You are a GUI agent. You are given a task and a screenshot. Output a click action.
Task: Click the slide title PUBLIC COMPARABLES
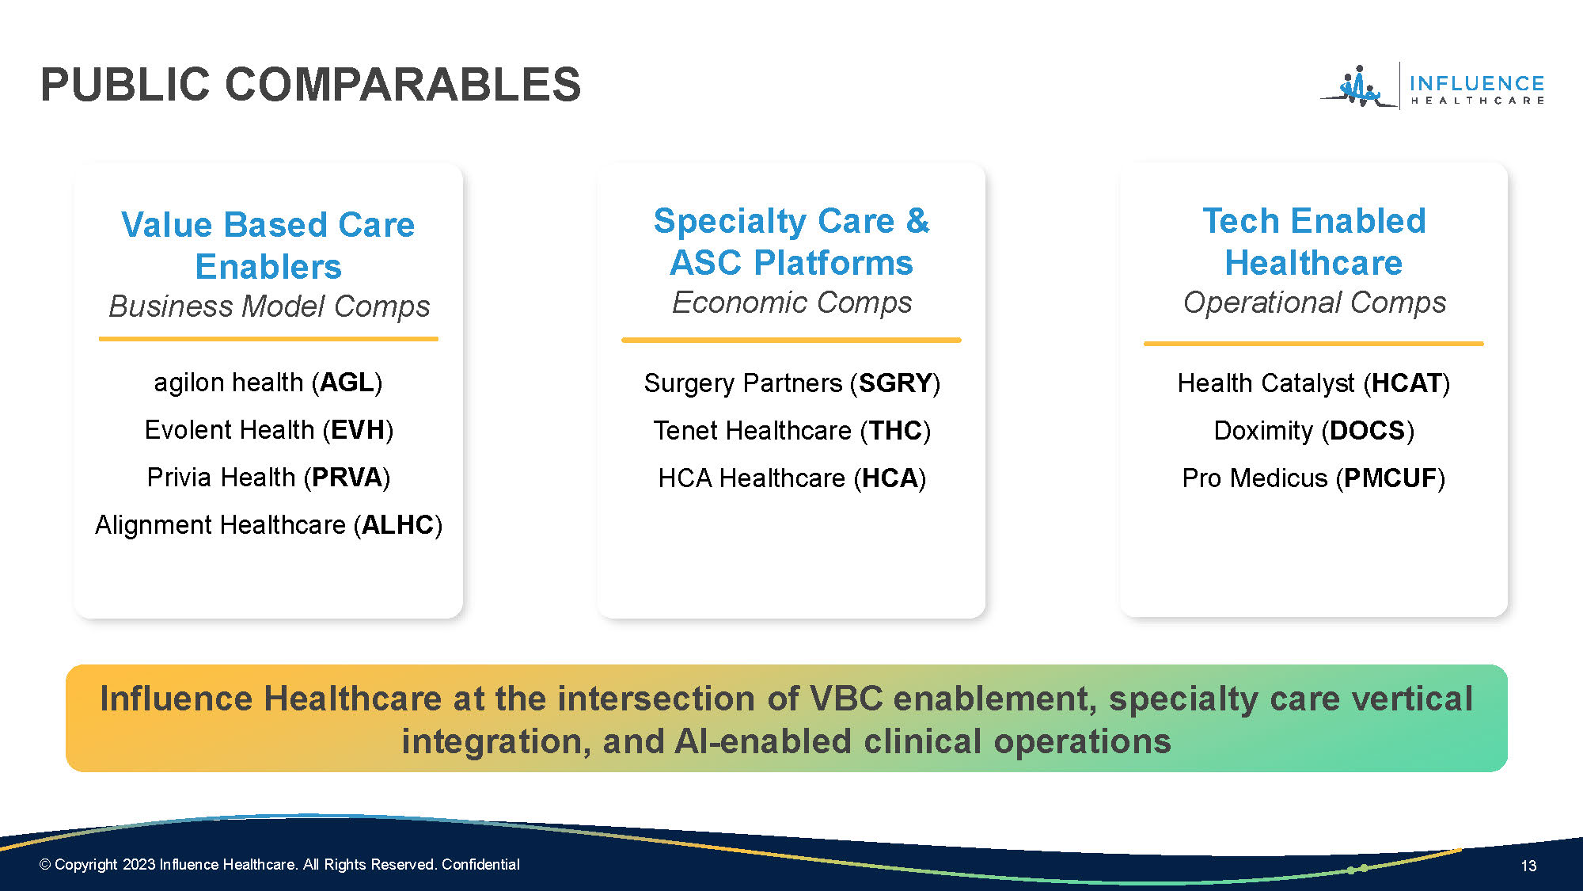point(310,85)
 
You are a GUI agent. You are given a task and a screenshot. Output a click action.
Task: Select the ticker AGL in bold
point(346,383)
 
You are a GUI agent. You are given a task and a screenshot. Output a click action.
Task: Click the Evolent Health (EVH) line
point(268,430)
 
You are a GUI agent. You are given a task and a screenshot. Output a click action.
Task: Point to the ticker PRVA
point(347,478)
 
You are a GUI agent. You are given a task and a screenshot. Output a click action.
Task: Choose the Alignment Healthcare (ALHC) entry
point(268,525)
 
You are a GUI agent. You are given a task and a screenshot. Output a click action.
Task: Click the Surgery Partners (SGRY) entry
point(791,383)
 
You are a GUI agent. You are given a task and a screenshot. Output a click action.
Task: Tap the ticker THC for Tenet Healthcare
point(895,431)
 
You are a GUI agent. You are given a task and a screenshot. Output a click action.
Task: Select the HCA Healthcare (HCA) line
point(791,478)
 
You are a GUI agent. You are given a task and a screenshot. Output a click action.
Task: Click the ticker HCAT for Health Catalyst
point(1406,383)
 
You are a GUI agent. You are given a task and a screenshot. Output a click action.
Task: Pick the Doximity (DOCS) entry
point(1314,431)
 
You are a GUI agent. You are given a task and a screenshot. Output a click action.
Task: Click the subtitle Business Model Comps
point(269,307)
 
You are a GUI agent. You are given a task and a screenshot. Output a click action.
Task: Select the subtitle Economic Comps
point(791,303)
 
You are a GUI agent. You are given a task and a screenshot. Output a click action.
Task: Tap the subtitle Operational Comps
point(1314,303)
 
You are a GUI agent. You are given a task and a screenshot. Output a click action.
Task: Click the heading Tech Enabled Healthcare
point(1314,242)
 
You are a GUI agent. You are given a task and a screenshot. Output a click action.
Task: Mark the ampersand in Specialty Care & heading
point(918,221)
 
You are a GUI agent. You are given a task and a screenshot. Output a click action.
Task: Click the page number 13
point(1528,866)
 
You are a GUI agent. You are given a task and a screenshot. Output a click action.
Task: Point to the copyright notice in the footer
point(279,864)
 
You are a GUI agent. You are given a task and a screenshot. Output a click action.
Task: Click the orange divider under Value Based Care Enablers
point(268,339)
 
